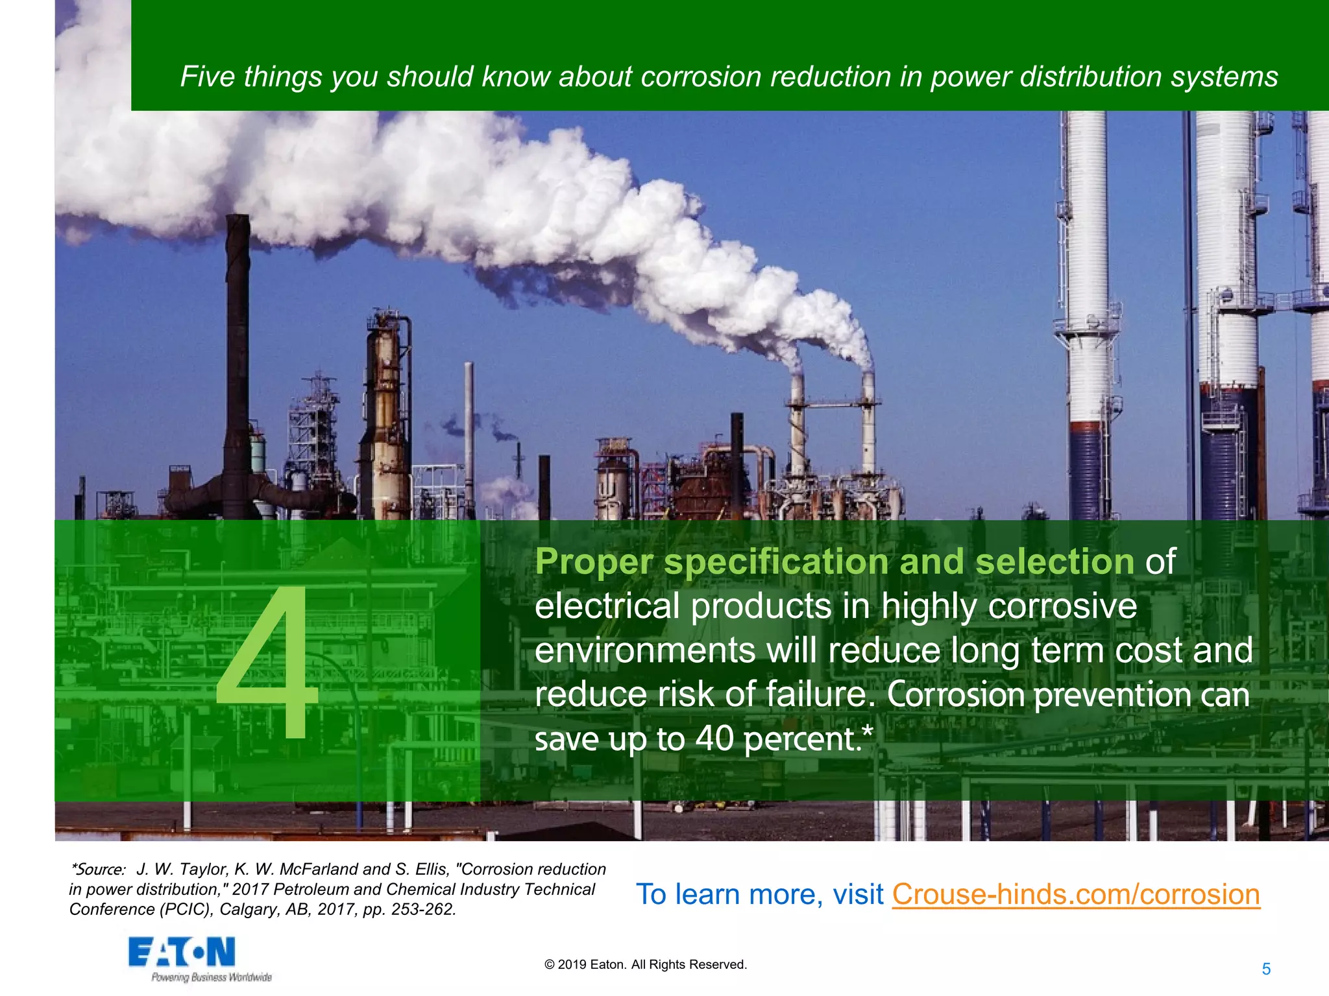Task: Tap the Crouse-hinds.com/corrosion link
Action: coord(1075,894)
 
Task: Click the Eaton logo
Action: coord(182,953)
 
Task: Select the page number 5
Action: coord(1266,969)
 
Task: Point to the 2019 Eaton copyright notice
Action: coord(646,964)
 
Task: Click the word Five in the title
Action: coord(207,77)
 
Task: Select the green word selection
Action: coord(1055,562)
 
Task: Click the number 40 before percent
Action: coord(714,739)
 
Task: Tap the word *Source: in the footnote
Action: coord(98,869)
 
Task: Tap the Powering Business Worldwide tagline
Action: coord(212,977)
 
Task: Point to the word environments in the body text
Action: coord(644,650)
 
